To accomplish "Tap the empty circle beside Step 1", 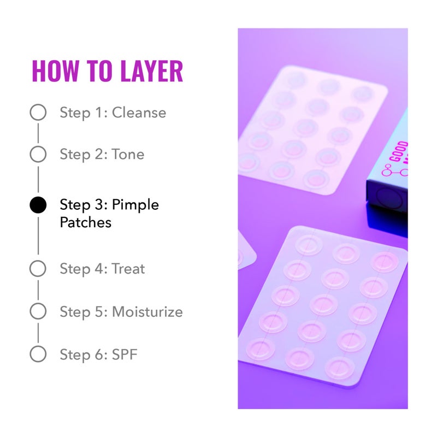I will pos(38,113).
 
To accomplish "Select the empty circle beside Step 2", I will pos(38,154).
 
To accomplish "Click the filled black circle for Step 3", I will pos(38,205).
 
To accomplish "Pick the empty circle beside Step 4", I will pos(38,268).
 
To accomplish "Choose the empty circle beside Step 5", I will pos(38,311).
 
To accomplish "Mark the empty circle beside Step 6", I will pos(38,354).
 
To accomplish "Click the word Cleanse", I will pos(139,113).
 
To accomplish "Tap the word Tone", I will pos(128,154).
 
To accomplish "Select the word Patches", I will pos(85,222).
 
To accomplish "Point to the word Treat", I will pos(128,268).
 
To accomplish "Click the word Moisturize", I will pos(147,312).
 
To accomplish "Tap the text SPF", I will pos(125,355).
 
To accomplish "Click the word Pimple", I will pos(135,205).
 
